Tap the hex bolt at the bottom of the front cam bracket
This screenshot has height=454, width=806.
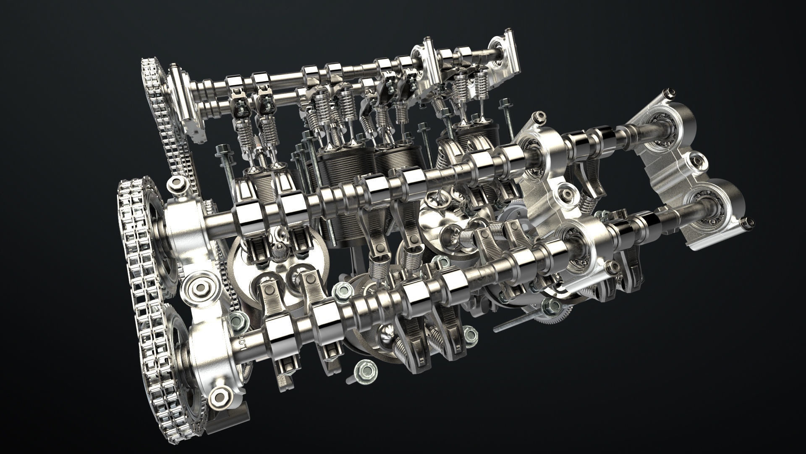tap(218, 396)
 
